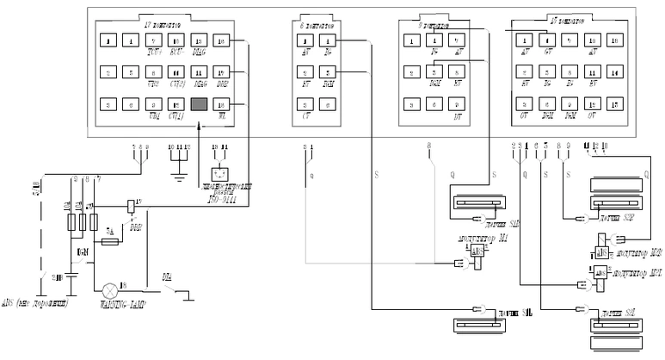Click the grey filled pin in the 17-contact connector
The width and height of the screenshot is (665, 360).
click(200, 103)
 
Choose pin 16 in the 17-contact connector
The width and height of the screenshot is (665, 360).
click(221, 40)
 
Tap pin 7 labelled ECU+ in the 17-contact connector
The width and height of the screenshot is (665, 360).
click(153, 40)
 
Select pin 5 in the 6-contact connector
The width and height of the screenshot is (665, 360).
click(329, 72)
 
